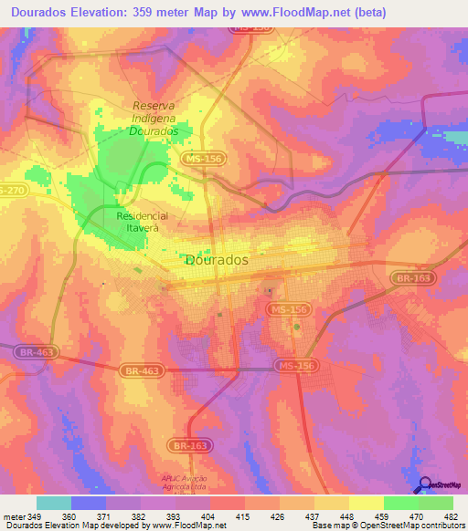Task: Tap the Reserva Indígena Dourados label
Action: (x=154, y=118)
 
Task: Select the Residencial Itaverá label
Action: (x=138, y=222)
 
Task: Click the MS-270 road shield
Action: (x=11, y=190)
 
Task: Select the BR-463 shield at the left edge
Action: (x=29, y=350)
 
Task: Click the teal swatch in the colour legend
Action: (x=54, y=503)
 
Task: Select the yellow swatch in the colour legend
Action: (x=366, y=503)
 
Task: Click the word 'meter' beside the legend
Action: (x=15, y=515)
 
